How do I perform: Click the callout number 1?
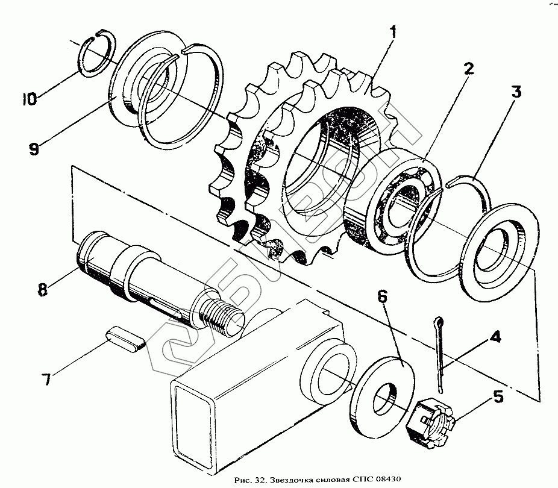pyautogui.click(x=392, y=33)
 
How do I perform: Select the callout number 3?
pyautogui.click(x=516, y=93)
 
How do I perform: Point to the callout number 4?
pyautogui.click(x=494, y=338)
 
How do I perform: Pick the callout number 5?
pyautogui.click(x=498, y=397)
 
